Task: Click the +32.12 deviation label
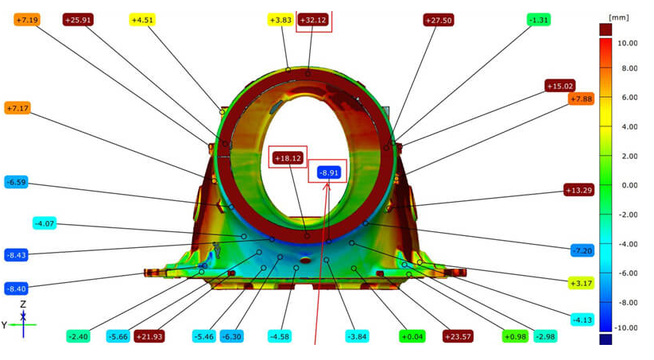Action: pos(314,20)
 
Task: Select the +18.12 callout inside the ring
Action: pos(288,158)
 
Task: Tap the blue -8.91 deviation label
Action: pos(329,172)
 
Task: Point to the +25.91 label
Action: pos(78,20)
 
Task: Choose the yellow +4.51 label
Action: pos(142,20)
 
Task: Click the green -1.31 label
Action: pos(539,20)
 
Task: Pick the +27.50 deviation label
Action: pos(439,20)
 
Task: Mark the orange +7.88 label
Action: pos(581,99)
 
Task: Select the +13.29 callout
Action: pos(579,190)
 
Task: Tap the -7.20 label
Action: pos(582,250)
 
